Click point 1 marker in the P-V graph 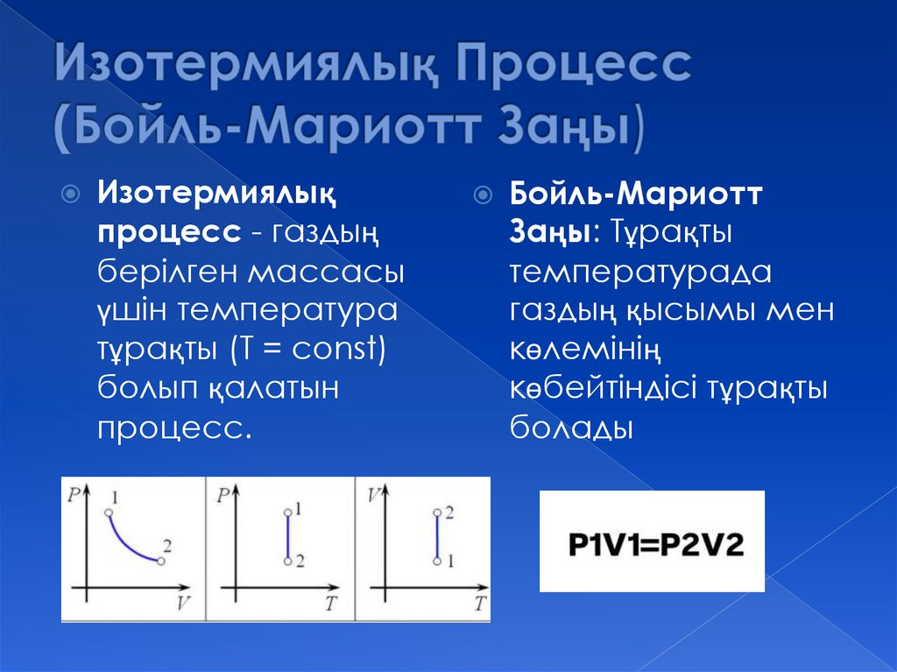click(108, 512)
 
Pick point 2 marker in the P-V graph click(160, 561)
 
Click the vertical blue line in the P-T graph click(287, 536)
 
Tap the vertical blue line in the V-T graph click(437, 536)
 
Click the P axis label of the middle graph click(223, 494)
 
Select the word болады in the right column click(571, 429)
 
